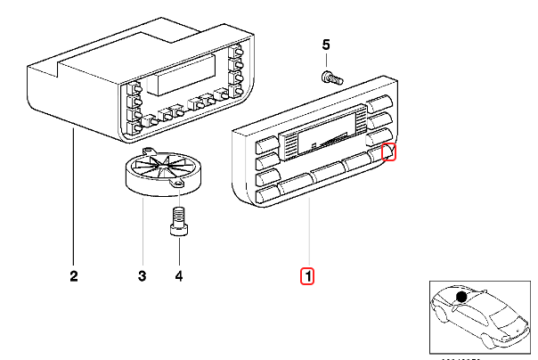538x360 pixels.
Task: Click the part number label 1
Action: pos(307,276)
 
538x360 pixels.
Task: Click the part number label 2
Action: pos(73,276)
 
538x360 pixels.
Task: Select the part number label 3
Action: pos(142,276)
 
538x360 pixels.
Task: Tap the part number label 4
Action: pos(178,276)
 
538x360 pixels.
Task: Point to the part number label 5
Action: pos(325,45)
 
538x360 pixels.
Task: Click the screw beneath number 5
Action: pos(330,77)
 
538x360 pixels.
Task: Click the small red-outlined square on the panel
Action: pos(388,152)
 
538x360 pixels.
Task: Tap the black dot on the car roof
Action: pos(461,297)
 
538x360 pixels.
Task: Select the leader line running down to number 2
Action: pos(73,196)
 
